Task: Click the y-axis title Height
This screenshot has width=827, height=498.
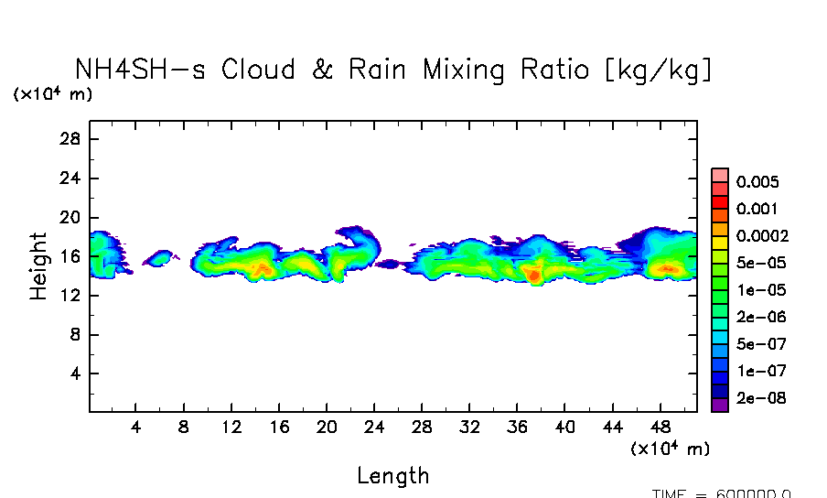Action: click(x=38, y=265)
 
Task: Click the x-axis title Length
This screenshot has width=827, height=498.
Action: click(x=392, y=476)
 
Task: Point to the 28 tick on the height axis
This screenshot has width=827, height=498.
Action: click(x=71, y=139)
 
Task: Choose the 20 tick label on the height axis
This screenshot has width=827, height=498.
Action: click(x=71, y=218)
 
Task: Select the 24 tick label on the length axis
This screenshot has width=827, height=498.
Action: click(x=374, y=428)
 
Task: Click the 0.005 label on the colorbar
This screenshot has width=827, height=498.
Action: click(x=757, y=181)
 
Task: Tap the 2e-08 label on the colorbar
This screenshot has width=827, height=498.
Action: click(x=761, y=398)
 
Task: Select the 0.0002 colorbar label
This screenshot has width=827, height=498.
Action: click(x=762, y=235)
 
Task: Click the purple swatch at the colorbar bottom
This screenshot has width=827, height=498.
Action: click(x=720, y=405)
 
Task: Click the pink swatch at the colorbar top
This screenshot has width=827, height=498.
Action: click(x=720, y=175)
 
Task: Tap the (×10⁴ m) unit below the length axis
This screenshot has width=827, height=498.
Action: click(x=670, y=449)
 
